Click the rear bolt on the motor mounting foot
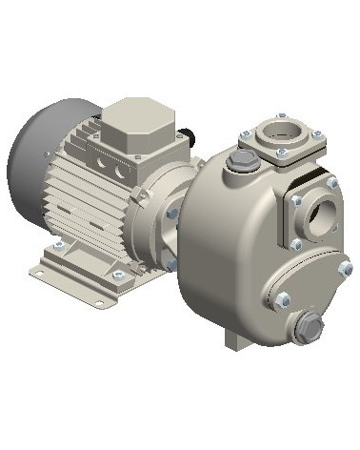click(x=58, y=247)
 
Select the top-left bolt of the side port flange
click(x=297, y=200)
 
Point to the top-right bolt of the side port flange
click(x=332, y=182)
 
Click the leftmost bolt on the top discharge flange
click(x=245, y=134)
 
